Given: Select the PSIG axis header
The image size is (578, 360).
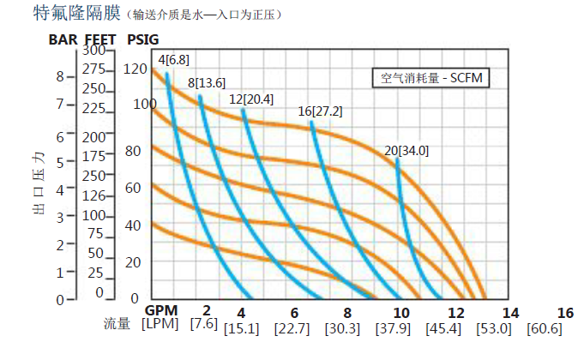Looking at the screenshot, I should [142, 39].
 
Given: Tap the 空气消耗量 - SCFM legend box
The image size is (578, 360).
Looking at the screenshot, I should [430, 78].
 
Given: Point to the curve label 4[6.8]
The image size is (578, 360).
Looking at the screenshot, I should [173, 59].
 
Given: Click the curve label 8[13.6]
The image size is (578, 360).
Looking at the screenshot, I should [207, 82].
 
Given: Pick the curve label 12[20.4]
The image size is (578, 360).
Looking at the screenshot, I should [251, 99].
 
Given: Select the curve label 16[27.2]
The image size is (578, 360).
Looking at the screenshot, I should [320, 112].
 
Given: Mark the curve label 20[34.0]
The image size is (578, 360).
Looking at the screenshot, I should [407, 151].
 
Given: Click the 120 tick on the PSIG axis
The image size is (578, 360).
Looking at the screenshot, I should [135, 69].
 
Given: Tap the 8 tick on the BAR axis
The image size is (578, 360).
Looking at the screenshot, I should [60, 76].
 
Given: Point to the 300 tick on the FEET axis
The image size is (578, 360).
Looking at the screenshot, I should [94, 51].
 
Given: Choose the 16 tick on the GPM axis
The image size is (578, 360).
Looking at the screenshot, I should [564, 312].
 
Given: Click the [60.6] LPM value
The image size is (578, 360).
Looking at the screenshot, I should [546, 329].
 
